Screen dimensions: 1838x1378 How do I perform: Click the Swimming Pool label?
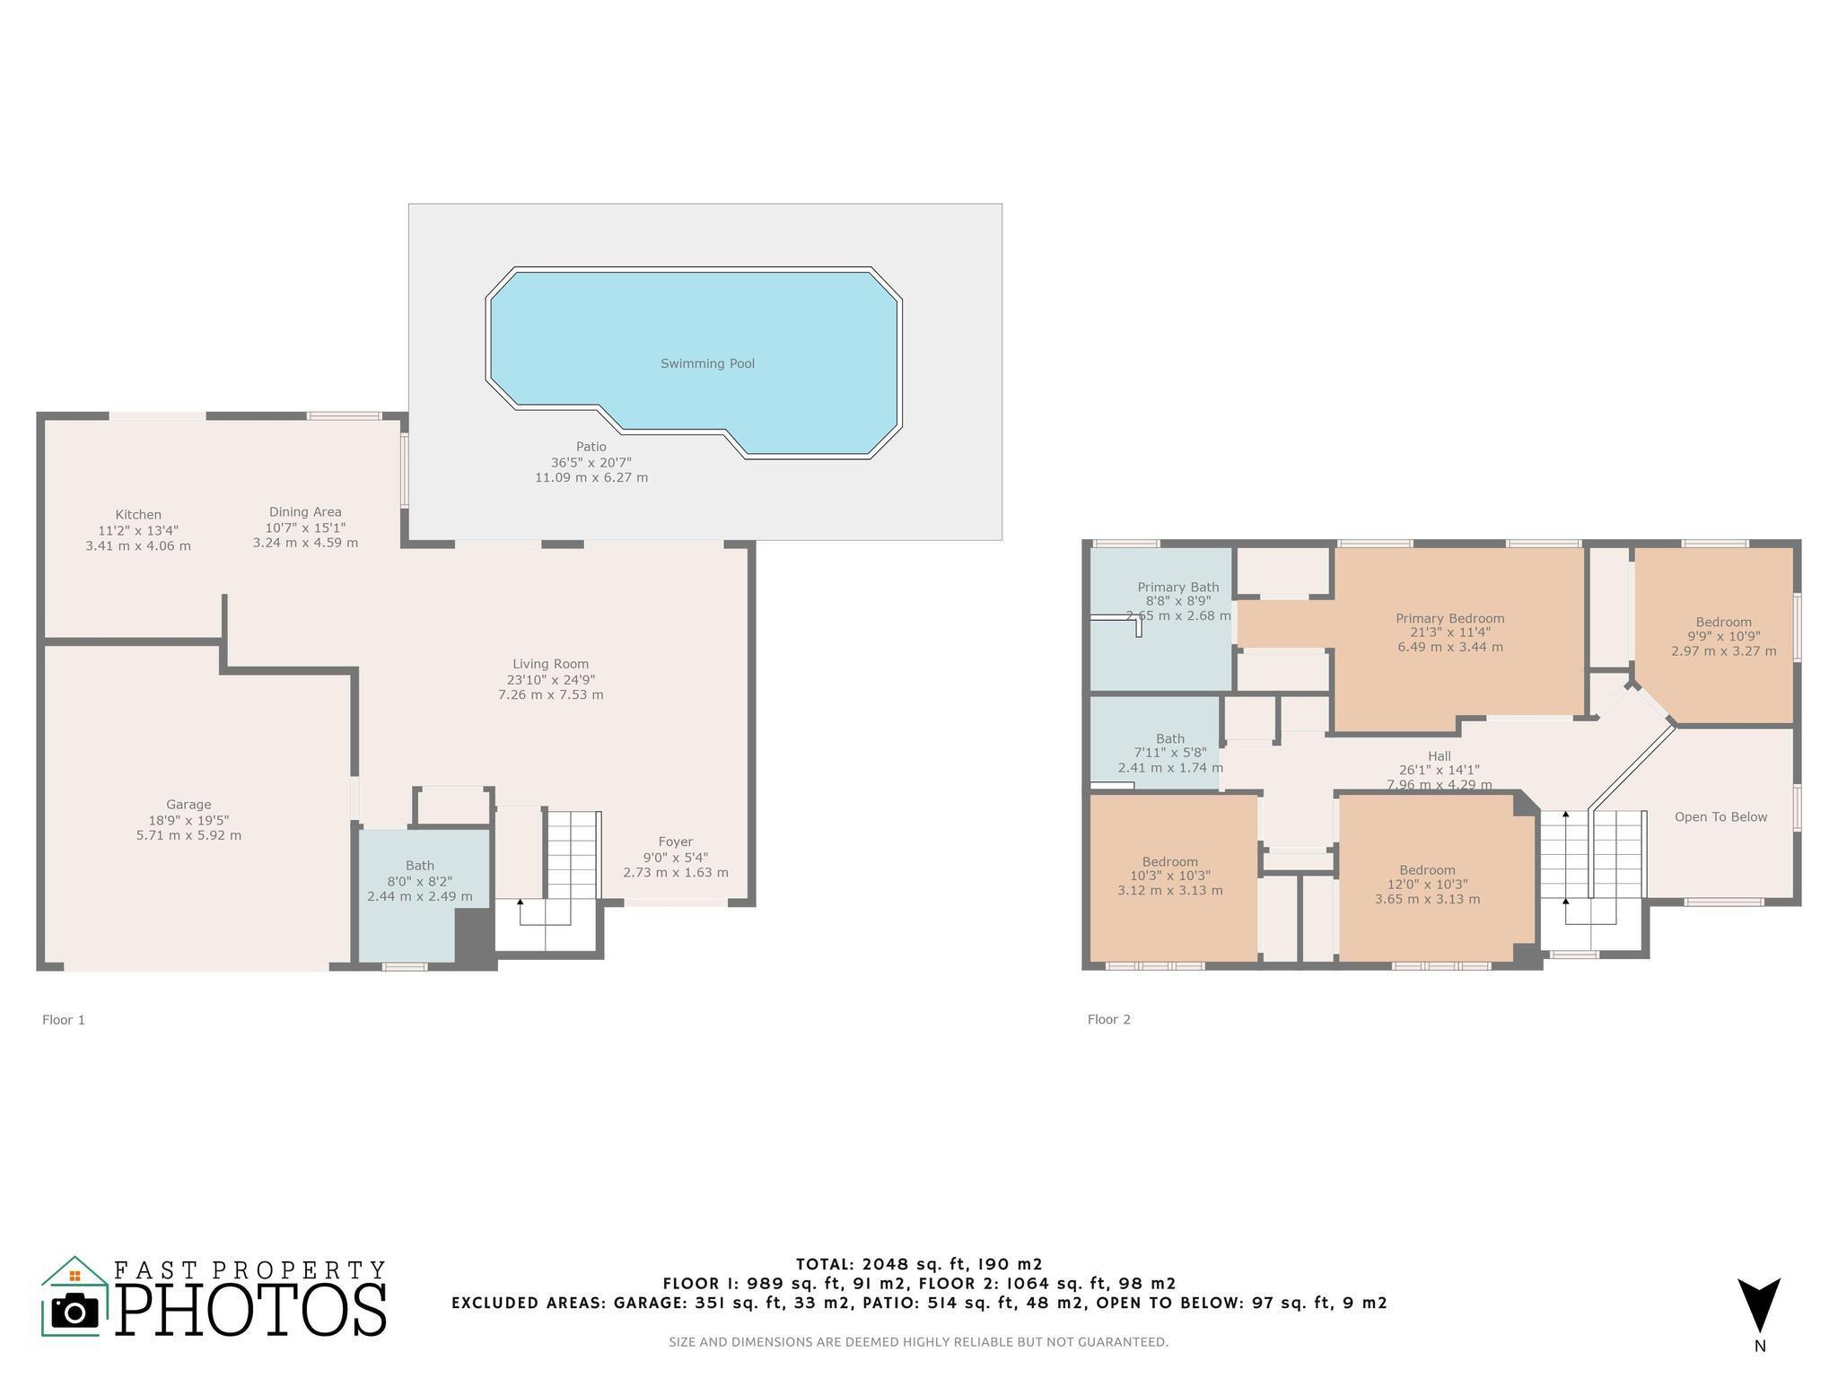pos(707,363)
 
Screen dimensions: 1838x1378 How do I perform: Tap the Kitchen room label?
pos(138,515)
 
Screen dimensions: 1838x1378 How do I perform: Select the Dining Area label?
pos(305,512)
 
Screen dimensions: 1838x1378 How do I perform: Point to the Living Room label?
pos(551,665)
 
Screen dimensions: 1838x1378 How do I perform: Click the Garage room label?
pos(188,805)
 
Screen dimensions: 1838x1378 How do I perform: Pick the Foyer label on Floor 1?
pos(676,842)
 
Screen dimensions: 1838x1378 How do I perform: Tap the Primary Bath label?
pos(1178,588)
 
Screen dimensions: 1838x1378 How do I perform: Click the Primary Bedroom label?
pos(1450,618)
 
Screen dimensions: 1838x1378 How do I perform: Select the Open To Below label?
pos(1721,817)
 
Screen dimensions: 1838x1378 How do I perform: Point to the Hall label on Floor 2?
pos(1440,756)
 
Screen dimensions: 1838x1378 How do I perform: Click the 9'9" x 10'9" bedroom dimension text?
pos(1724,637)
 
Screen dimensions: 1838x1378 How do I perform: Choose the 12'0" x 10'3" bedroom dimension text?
pos(1428,885)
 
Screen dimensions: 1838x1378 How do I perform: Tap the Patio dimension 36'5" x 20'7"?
pos(591,463)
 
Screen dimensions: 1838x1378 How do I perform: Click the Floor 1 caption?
pos(64,1020)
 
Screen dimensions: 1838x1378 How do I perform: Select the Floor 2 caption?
pos(1109,1020)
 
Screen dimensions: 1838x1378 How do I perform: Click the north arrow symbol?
pos(1759,1304)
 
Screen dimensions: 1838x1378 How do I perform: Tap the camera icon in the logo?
pos(75,1313)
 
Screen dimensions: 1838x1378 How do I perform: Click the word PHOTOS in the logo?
pos(251,1310)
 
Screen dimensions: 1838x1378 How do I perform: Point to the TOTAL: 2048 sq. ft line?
pos(920,1265)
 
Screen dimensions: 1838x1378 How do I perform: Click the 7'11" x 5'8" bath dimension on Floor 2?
pos(1170,754)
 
